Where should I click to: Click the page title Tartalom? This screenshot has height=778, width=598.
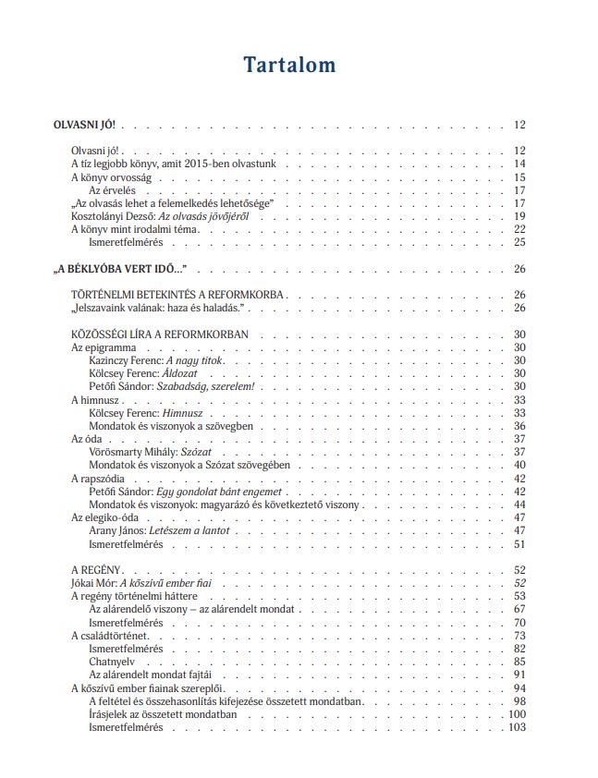(x=289, y=65)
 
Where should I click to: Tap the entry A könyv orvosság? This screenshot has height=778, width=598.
(x=111, y=176)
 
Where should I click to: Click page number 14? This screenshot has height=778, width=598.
(x=519, y=164)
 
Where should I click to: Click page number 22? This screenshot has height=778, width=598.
(x=519, y=228)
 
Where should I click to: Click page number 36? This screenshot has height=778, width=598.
(x=519, y=426)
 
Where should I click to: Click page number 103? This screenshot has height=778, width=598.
(x=516, y=727)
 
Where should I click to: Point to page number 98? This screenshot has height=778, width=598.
(x=519, y=701)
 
